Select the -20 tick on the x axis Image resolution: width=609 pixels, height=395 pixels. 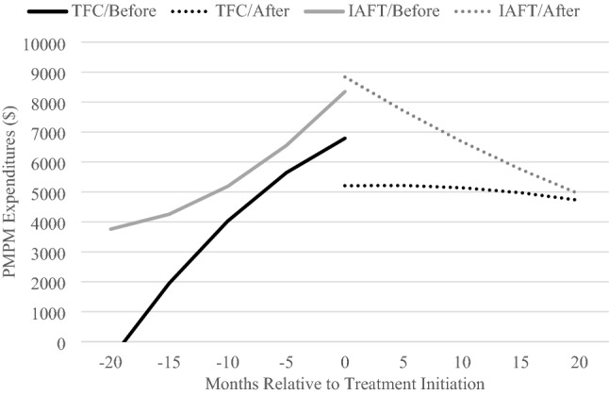pyautogui.click(x=111, y=361)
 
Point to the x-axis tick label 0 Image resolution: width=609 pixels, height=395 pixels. pyautogui.click(x=346, y=361)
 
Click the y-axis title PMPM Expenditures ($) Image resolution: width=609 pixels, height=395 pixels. pyautogui.click(x=13, y=192)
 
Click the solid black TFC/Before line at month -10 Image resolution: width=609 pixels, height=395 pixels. pyautogui.click(x=228, y=222)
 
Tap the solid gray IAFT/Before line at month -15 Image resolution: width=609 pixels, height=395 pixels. pyautogui.click(x=170, y=214)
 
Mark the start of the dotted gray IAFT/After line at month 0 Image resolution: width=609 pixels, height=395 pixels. pyautogui.click(x=346, y=77)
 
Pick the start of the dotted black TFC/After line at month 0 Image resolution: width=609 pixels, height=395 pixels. pyautogui.click(x=346, y=186)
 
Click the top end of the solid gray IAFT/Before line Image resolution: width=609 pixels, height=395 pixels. pyautogui.click(x=346, y=91)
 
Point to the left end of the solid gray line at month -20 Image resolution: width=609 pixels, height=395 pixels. pyautogui.click(x=111, y=229)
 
